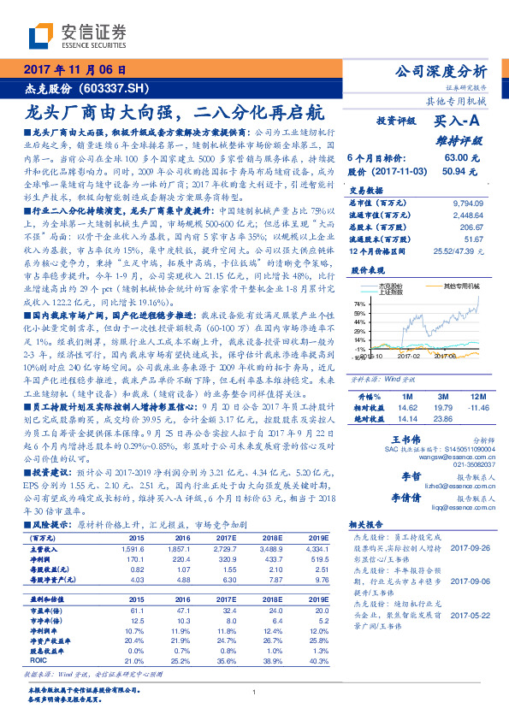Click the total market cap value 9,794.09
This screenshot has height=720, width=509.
click(x=472, y=203)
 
